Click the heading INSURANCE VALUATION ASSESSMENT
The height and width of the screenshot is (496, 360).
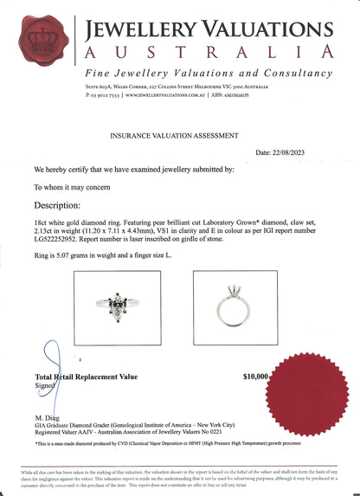(179, 136)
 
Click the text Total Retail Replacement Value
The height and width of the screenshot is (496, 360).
(86, 377)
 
